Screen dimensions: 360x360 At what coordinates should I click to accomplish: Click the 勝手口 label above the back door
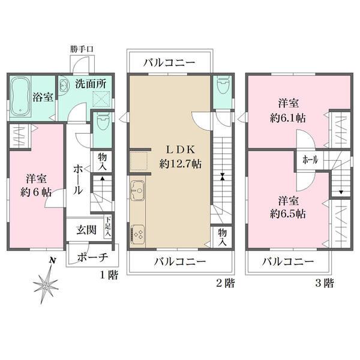[x=82, y=49]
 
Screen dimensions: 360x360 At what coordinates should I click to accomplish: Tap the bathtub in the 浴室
[x=20, y=97]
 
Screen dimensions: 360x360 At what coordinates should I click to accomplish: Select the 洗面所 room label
[x=91, y=84]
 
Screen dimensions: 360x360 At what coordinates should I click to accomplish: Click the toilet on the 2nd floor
[x=222, y=85]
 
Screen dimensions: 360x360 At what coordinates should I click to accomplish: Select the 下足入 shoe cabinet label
[x=108, y=226]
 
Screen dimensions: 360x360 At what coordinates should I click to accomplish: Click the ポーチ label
[x=92, y=257]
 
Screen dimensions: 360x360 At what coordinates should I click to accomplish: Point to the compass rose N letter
[x=53, y=260]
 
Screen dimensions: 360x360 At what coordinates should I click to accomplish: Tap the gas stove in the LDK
[x=137, y=233]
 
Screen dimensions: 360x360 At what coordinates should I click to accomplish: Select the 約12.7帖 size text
[x=181, y=164]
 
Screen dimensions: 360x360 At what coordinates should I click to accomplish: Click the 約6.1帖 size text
[x=288, y=118]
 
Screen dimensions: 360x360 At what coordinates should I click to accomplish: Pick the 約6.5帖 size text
[x=288, y=214]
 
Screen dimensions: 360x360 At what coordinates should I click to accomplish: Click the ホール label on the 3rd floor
[x=310, y=160]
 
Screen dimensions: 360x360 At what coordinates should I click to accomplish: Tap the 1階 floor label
[x=109, y=275]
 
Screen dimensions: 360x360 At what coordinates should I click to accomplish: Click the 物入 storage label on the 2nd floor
[x=222, y=238]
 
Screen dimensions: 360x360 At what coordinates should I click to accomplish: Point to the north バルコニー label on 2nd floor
[x=169, y=62]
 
